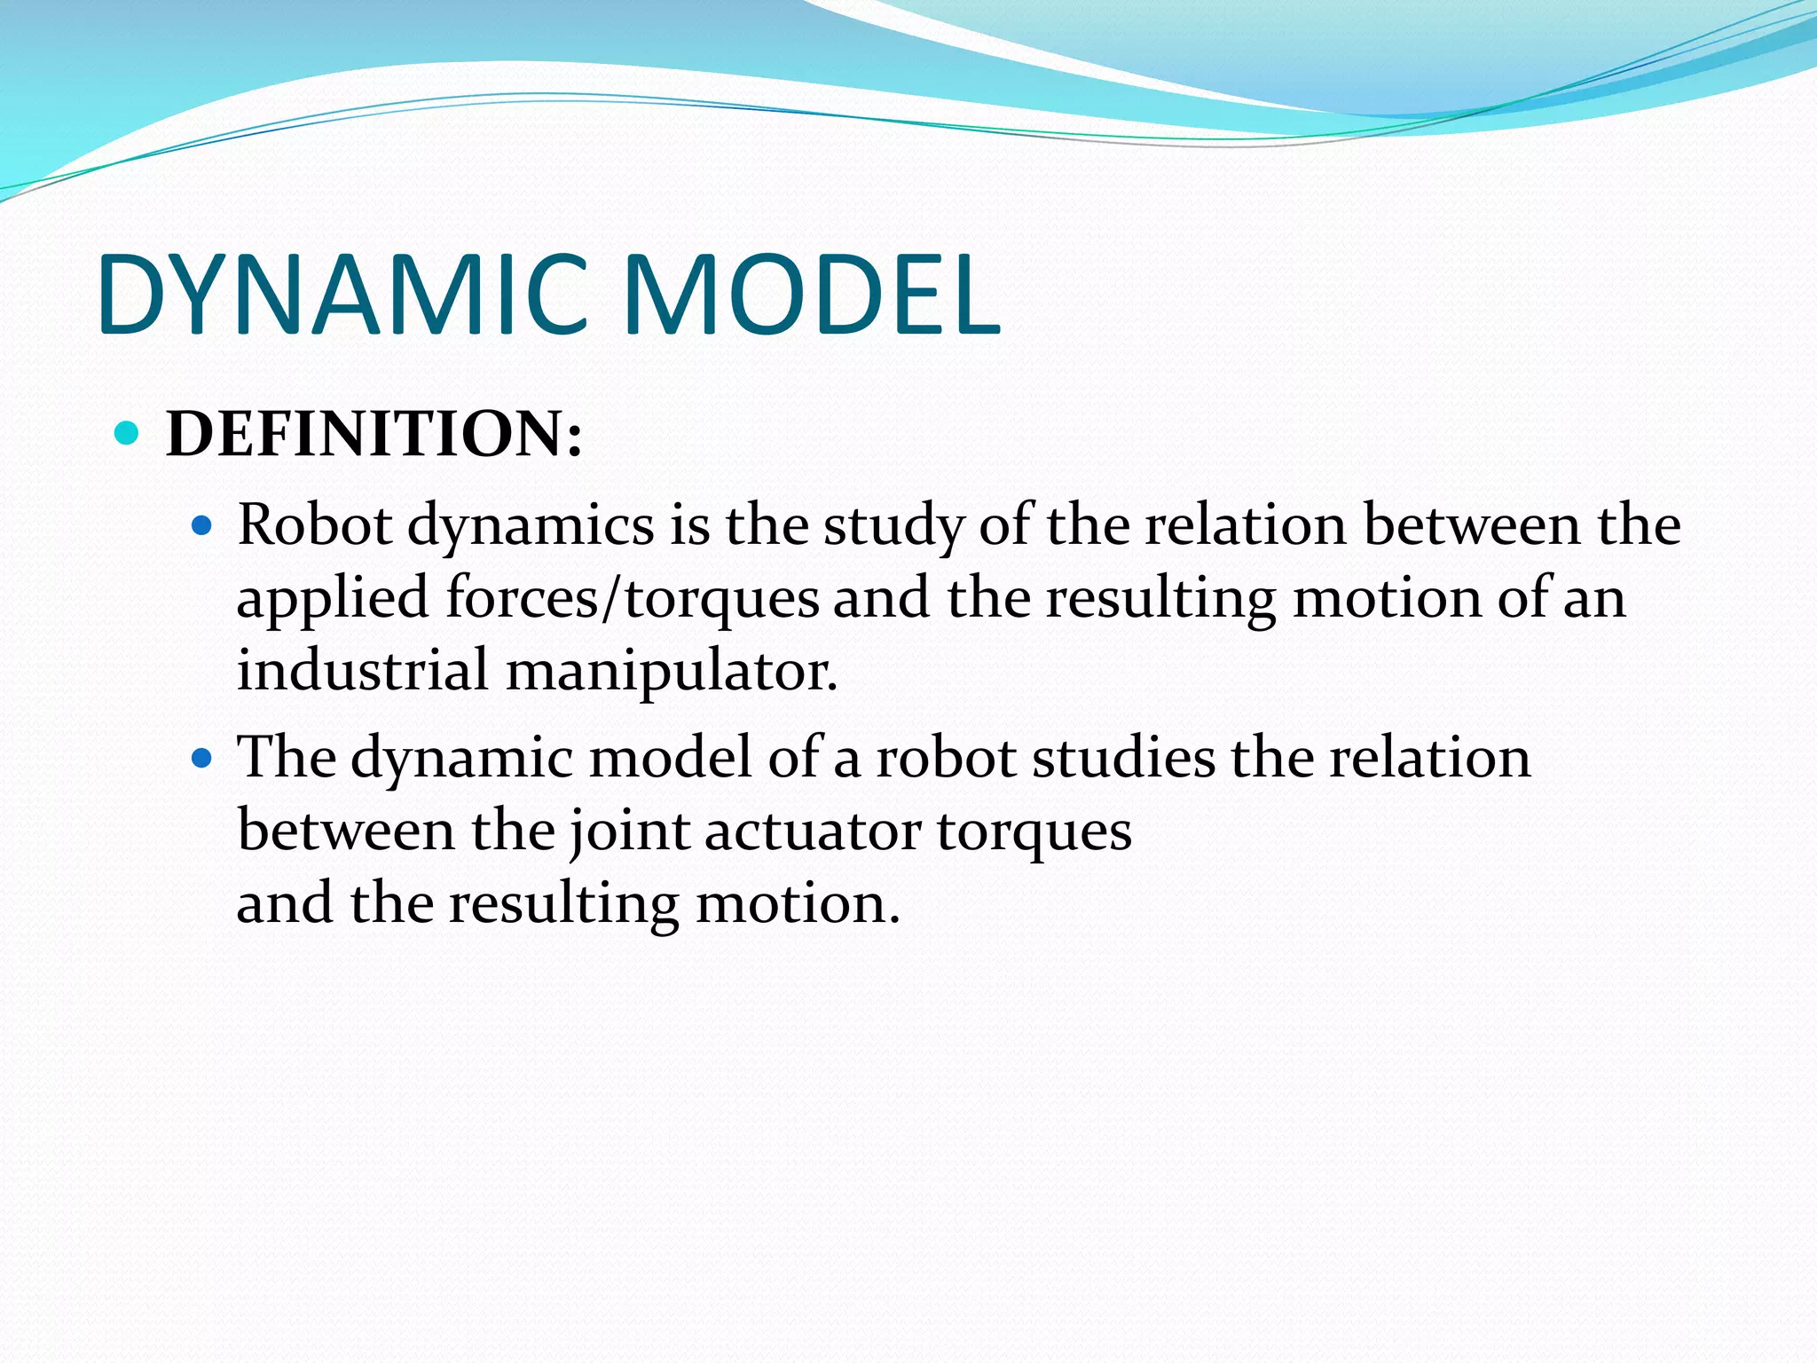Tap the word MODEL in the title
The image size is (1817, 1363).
click(x=812, y=295)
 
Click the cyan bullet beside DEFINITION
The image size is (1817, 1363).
click(x=128, y=433)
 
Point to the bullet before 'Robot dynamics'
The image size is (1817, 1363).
click(x=203, y=526)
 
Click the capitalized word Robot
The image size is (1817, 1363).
click(x=315, y=524)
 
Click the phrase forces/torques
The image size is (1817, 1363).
click(x=633, y=599)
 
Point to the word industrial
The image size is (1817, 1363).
click(x=362, y=670)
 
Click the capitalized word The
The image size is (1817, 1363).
click(x=287, y=757)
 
